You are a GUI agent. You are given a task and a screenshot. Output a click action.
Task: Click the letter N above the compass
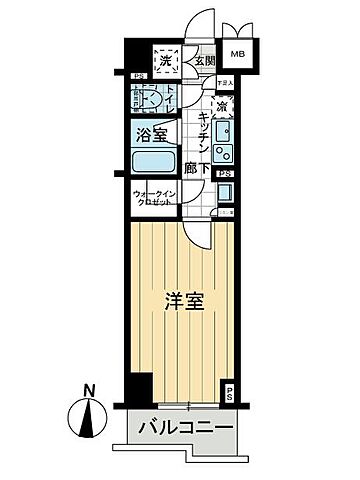click(89, 390)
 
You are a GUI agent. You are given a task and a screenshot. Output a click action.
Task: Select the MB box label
click(238, 54)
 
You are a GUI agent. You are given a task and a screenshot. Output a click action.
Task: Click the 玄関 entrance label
click(205, 61)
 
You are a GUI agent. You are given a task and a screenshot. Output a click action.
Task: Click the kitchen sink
click(224, 130)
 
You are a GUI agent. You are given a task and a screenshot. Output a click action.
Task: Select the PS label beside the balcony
click(229, 394)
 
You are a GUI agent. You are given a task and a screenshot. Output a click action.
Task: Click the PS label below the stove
click(227, 174)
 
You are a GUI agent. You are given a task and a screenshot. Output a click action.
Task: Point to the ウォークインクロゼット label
click(153, 198)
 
